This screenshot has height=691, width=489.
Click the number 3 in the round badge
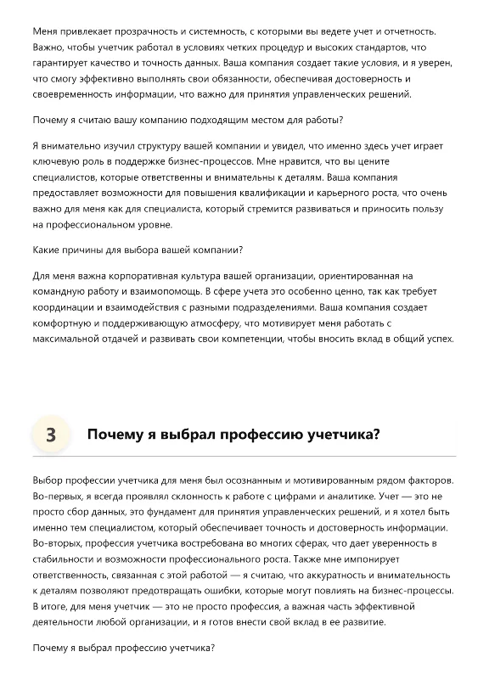point(51,435)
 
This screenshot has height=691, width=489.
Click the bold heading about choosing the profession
point(233,435)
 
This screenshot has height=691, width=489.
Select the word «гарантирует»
point(62,64)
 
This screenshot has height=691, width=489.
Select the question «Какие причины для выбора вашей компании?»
point(138,250)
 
